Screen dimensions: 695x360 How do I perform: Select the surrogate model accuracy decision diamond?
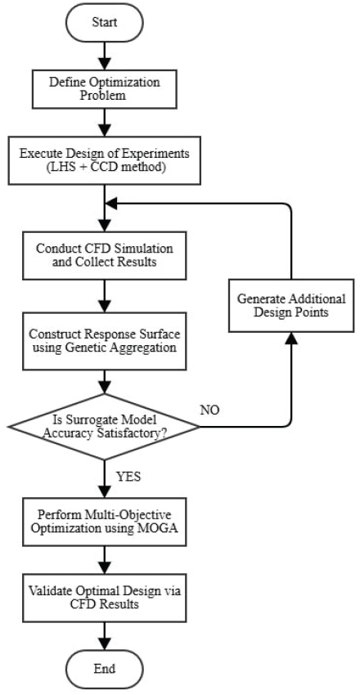(x=104, y=424)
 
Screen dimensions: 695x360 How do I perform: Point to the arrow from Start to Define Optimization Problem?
(x=104, y=56)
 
